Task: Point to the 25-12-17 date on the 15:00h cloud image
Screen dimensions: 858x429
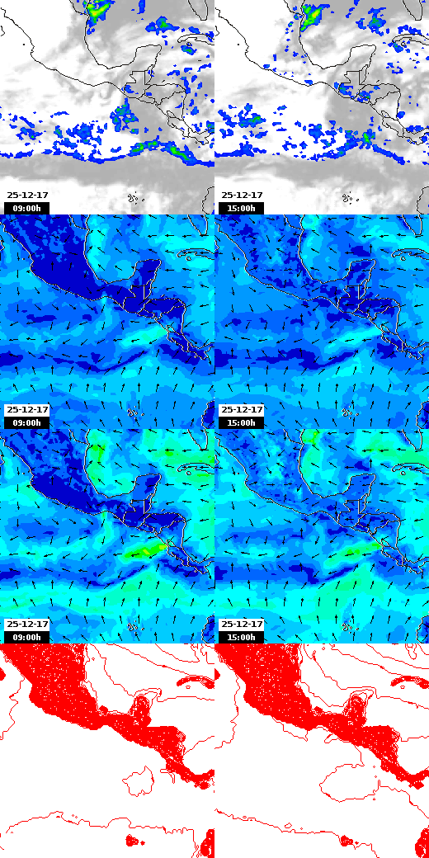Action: pos(242,196)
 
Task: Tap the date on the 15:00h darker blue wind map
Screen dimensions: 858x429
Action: pos(242,410)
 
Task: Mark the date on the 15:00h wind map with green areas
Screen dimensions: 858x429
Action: pos(242,625)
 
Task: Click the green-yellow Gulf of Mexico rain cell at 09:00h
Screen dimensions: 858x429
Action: pos(98,10)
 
